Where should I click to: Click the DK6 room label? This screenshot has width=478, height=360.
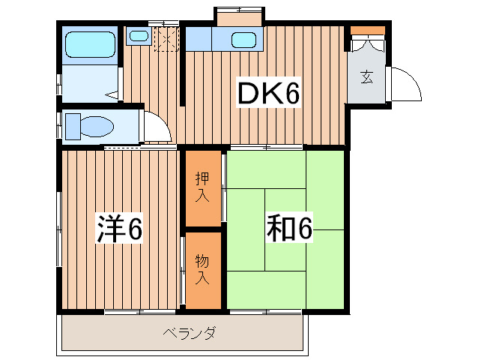point(269,94)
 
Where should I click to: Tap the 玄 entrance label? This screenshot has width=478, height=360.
point(366,76)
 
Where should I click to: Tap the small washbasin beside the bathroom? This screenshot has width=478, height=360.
point(138,35)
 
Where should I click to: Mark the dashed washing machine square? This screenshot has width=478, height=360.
point(166,38)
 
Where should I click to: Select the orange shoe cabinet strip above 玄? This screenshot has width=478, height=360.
point(368,31)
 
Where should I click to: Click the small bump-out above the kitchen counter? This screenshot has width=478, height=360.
point(239,16)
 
